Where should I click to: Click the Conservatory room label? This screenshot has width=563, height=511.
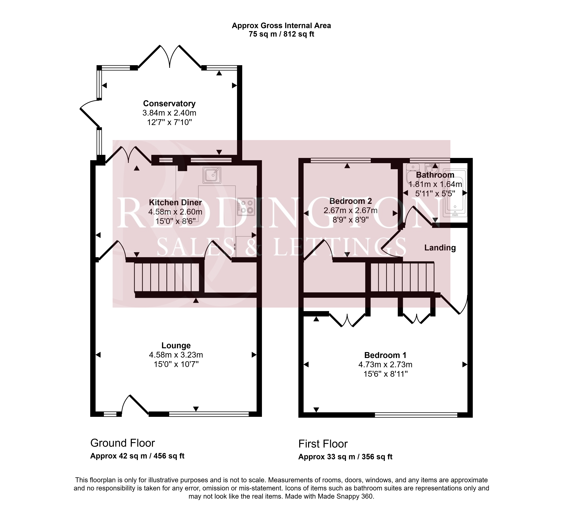[x=169, y=104]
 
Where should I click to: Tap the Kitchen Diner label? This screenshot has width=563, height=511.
[x=175, y=202]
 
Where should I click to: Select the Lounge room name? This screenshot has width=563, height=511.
[x=176, y=346]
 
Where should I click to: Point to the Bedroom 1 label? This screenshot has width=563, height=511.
[x=385, y=355]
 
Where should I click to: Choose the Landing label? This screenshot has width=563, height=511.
[x=440, y=248]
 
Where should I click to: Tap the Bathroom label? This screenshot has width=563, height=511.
[x=435, y=175]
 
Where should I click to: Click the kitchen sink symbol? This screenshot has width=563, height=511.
[x=212, y=175]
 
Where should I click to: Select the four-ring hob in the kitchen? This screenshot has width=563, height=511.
[x=246, y=207]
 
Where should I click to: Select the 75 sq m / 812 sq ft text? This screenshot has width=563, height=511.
[x=281, y=34]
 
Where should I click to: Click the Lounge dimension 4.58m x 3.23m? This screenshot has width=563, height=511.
[x=176, y=355]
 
